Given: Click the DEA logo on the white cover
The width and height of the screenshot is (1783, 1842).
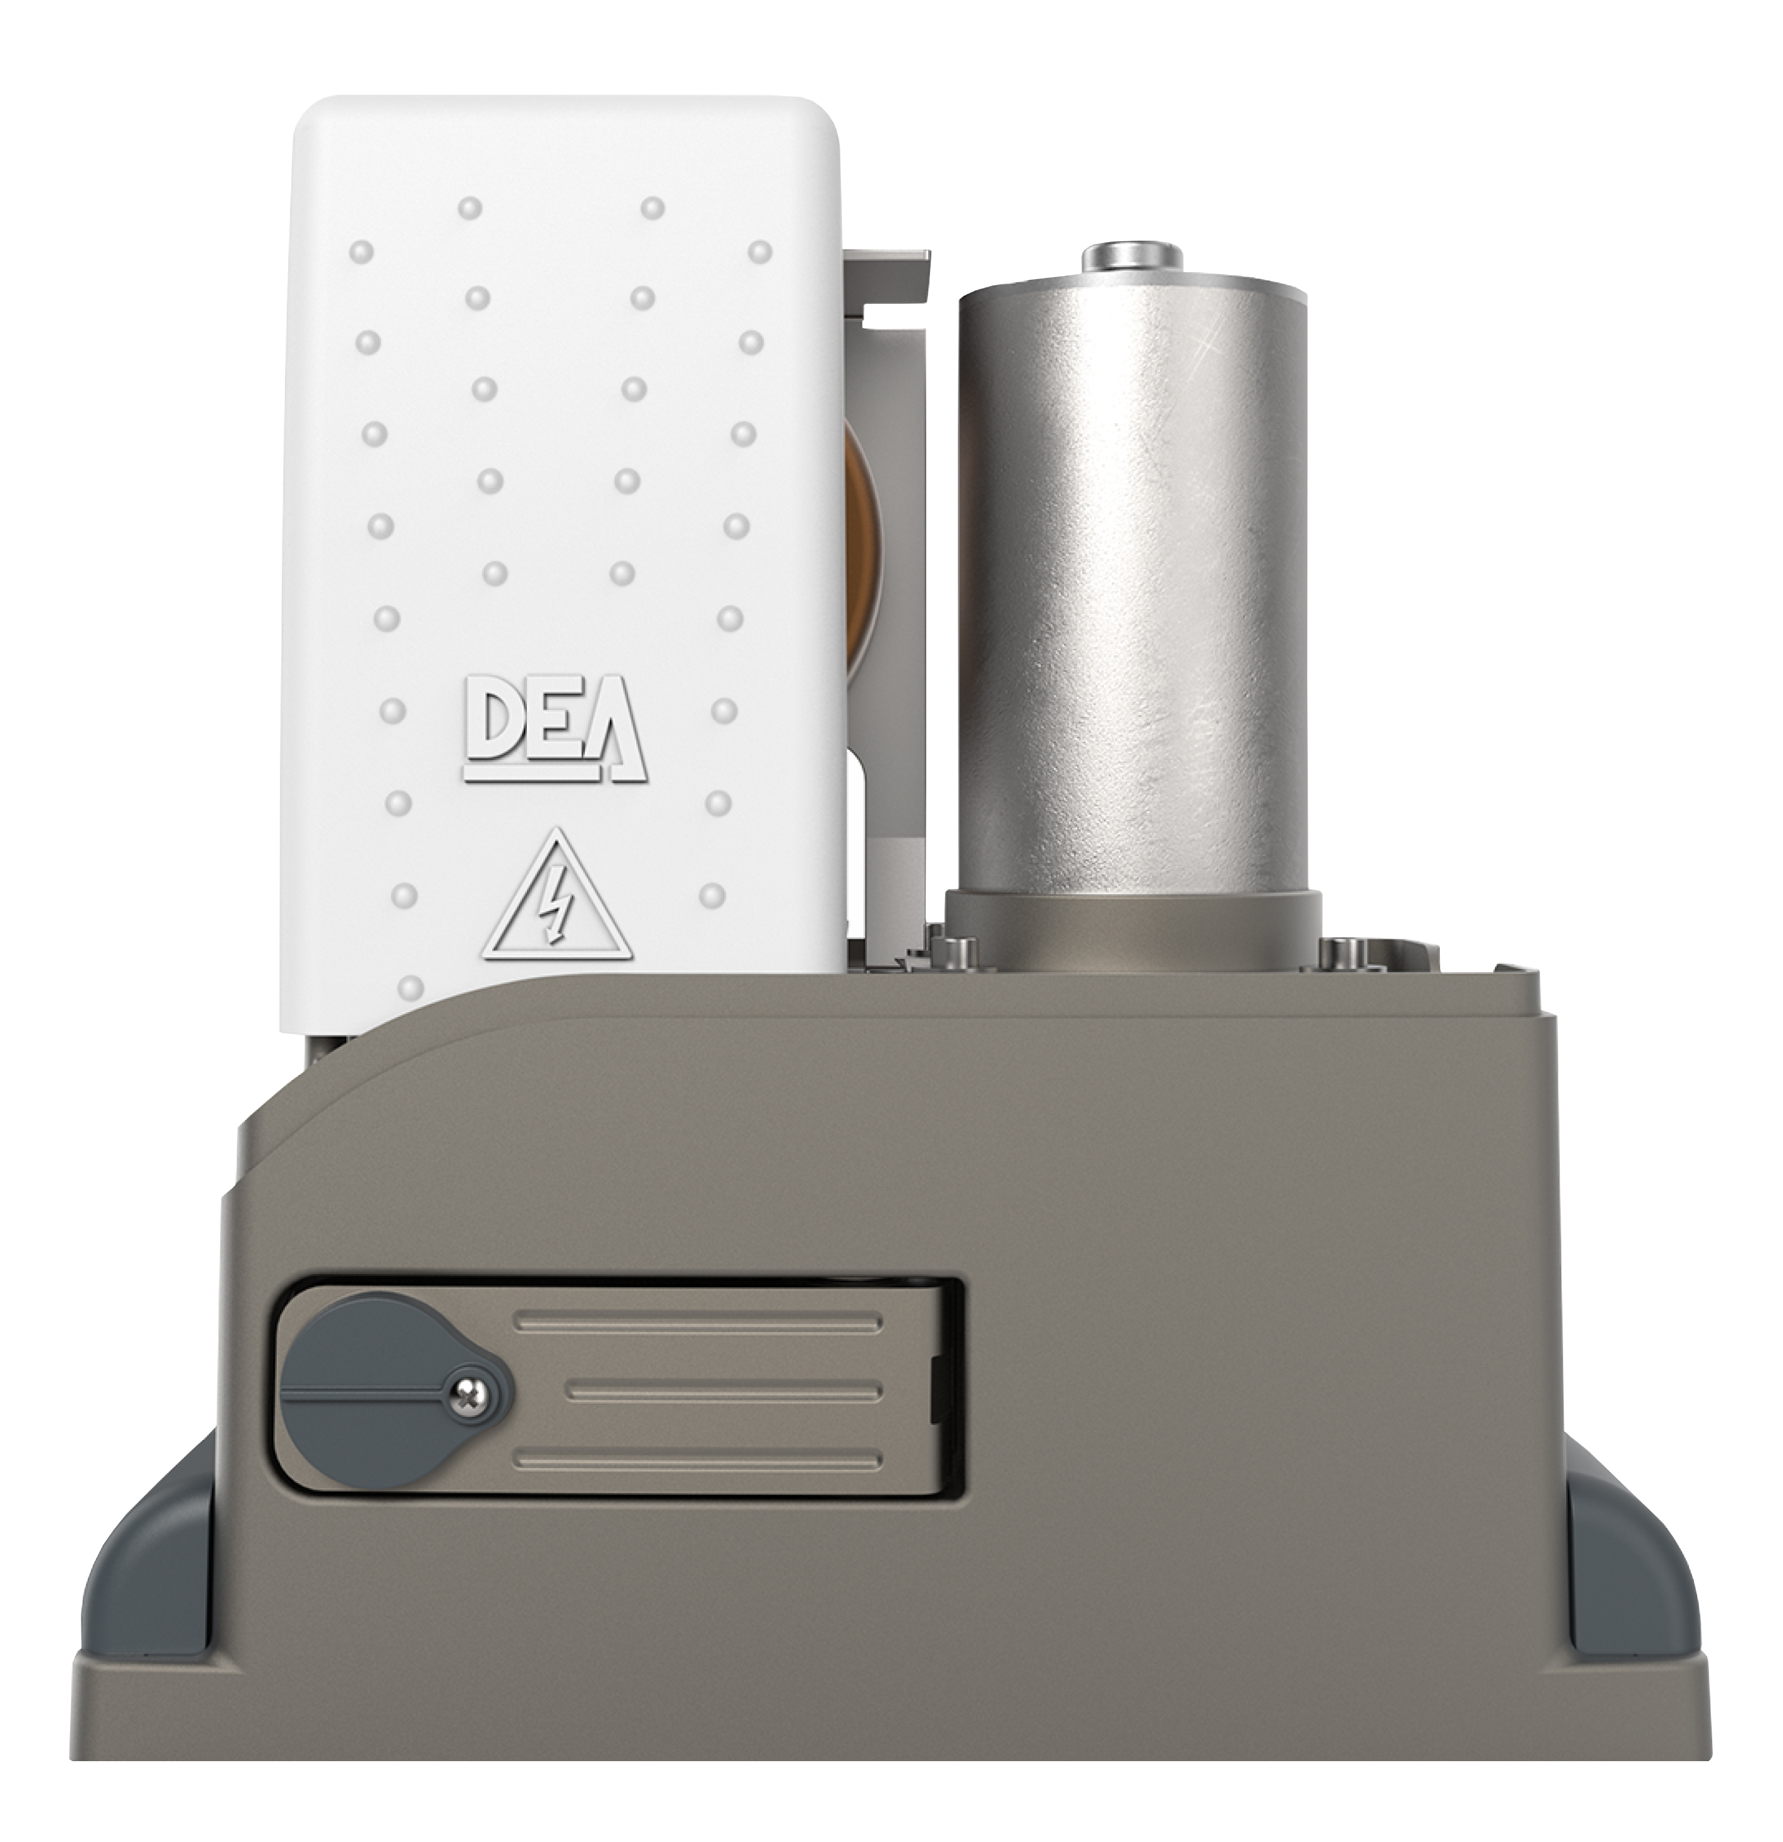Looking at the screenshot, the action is [x=555, y=728].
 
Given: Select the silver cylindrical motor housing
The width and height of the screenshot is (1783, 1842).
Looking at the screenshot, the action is [x=1133, y=582].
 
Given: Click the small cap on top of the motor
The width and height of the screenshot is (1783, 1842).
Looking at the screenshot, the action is [x=1133, y=256].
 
